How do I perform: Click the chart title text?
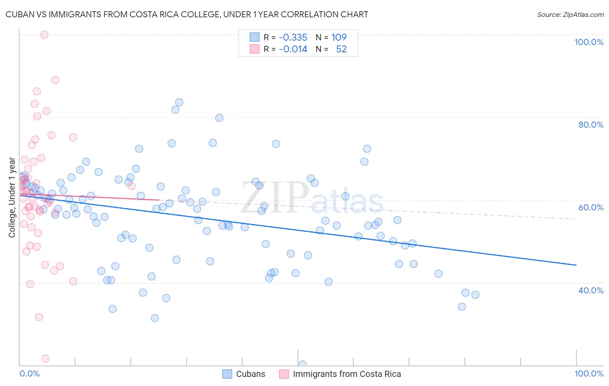(187, 14)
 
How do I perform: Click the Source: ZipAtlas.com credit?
(570, 15)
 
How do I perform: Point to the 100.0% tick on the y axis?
(589, 42)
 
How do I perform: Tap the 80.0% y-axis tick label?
(591, 125)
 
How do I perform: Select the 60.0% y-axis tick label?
(591, 207)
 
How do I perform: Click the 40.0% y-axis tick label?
(591, 290)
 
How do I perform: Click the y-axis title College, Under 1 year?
(12, 197)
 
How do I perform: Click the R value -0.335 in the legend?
(293, 38)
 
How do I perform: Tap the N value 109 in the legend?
(339, 38)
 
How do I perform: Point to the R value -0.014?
(293, 49)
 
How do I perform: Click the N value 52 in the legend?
(341, 49)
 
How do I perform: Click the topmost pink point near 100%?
(44, 35)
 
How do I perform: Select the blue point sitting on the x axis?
(302, 364)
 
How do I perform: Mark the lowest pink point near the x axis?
(45, 359)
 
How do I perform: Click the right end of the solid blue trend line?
(576, 265)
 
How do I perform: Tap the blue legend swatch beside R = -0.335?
(254, 38)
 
